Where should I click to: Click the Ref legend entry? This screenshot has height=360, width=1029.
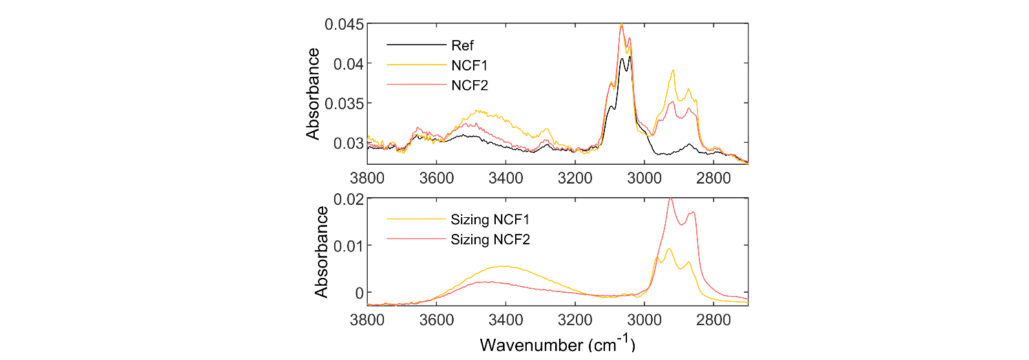click(462, 45)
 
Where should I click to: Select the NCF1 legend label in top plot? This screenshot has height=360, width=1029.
click(469, 65)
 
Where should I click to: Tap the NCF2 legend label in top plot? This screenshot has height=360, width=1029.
click(469, 85)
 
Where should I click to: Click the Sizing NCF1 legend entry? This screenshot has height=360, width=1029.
click(490, 220)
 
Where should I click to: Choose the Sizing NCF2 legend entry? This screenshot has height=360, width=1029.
click(490, 240)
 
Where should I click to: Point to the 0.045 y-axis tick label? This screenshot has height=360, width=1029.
click(344, 25)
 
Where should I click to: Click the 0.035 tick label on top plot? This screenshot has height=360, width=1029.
click(344, 103)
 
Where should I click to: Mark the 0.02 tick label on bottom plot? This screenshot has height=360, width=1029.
click(348, 199)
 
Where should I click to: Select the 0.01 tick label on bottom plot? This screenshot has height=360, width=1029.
click(348, 246)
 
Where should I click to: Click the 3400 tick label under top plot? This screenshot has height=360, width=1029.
click(505, 178)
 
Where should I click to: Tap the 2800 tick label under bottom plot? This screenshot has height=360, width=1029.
click(714, 320)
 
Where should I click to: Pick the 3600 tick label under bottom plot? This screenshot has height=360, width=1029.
click(436, 320)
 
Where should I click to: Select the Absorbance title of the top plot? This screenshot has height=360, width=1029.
click(313, 94)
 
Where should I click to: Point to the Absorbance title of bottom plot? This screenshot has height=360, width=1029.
click(321, 252)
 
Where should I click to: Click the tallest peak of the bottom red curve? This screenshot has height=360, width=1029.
click(670, 198)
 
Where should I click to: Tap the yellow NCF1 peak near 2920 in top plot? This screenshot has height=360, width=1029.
click(673, 70)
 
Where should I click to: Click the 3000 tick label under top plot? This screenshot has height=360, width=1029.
click(644, 178)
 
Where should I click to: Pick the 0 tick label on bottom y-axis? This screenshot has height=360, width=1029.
click(359, 293)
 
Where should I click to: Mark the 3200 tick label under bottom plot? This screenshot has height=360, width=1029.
click(575, 320)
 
